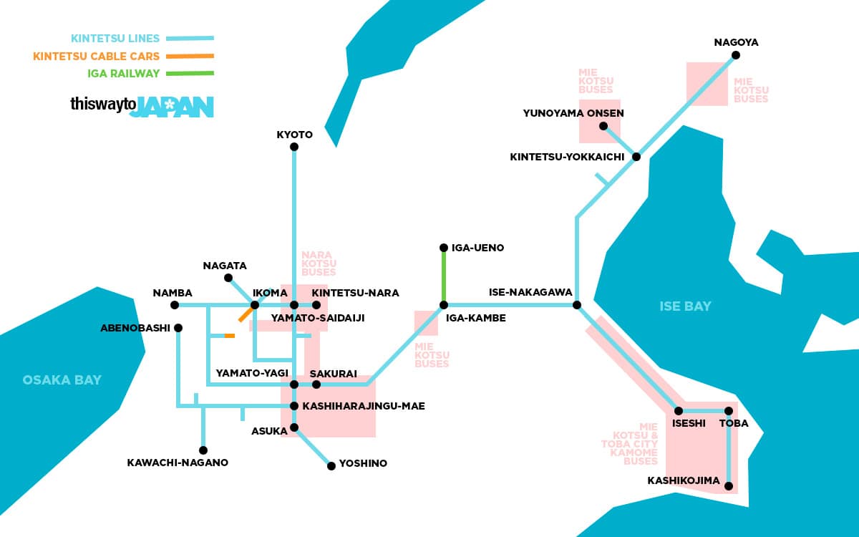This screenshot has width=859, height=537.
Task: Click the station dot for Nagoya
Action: point(735,55)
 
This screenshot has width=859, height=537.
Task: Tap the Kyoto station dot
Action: point(294,147)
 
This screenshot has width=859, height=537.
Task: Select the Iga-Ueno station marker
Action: point(444,248)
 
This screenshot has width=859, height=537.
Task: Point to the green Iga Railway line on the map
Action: point(444,276)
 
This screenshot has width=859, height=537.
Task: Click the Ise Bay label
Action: point(685,306)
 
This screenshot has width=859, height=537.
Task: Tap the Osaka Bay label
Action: point(62,379)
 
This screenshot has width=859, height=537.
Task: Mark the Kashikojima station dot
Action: point(729,486)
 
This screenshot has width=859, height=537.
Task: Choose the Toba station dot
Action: point(729,411)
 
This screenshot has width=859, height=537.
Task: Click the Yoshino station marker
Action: point(331,466)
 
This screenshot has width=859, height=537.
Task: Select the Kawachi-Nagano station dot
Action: point(203,450)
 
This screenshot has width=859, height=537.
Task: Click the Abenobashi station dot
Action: point(178,328)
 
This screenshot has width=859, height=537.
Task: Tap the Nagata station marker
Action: point(228,278)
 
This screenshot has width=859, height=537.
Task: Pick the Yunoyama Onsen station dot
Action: point(603,126)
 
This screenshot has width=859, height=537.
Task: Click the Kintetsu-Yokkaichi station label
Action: point(567,157)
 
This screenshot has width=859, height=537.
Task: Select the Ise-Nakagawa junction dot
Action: point(577,305)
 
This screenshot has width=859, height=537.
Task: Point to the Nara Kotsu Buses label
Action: point(319,263)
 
